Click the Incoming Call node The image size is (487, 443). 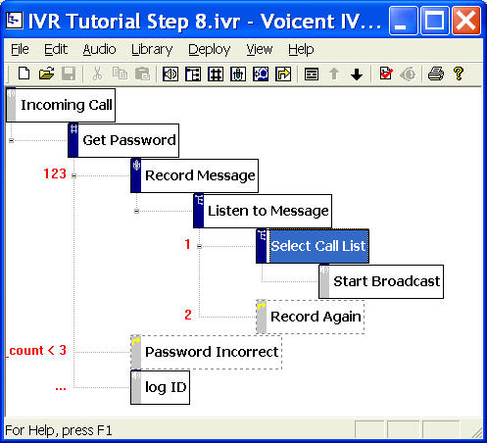61,105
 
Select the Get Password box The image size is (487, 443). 123,140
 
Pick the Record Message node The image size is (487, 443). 194,175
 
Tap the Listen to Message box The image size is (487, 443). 263,211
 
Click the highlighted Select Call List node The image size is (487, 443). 313,246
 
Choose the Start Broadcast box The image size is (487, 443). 381,281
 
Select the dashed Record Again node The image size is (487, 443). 311,317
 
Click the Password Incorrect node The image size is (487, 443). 206,352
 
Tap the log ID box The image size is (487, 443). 160,387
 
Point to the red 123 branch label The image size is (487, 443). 55,173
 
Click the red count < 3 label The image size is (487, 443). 37,351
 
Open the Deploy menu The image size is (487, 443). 210,50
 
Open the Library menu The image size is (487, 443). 152,50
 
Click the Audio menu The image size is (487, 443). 99,50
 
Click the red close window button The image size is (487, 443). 466,21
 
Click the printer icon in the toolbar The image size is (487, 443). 436,74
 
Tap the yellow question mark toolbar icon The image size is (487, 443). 459,74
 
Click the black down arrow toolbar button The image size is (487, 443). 357,74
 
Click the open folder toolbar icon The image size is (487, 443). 46,74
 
